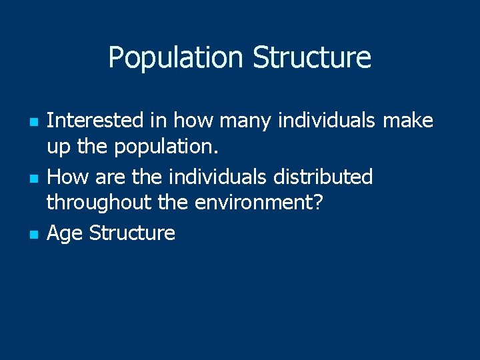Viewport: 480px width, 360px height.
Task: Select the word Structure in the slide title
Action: tap(312, 58)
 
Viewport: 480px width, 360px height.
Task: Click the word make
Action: tap(407, 121)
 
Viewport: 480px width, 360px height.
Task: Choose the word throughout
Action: tap(99, 202)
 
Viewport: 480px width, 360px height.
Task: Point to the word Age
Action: tap(65, 233)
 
